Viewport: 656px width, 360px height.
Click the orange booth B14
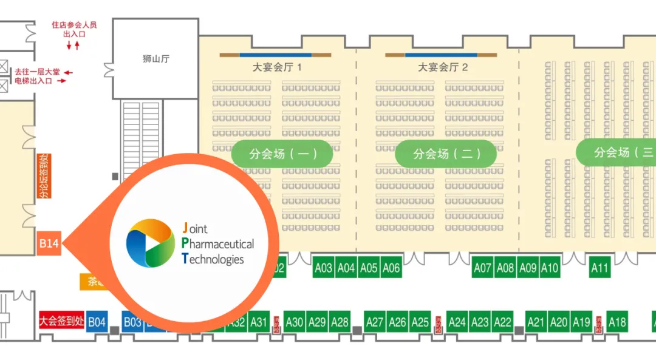click(49, 243)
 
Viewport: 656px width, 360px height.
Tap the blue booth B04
click(97, 322)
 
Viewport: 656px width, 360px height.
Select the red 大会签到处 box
click(61, 321)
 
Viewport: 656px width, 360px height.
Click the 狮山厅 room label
click(155, 59)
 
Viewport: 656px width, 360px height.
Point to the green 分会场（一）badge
click(282, 154)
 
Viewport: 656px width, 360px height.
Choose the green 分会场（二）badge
click(446, 154)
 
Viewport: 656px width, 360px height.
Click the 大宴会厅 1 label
click(277, 67)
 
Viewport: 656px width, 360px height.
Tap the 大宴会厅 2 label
click(443, 67)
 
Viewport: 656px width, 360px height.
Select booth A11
click(600, 268)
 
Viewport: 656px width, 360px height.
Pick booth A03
click(324, 268)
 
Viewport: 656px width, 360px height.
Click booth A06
click(391, 268)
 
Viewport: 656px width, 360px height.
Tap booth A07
click(483, 268)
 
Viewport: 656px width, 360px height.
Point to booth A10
click(549, 268)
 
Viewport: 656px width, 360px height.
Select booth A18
click(617, 322)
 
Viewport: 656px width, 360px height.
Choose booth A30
click(295, 322)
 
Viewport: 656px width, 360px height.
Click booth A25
click(420, 322)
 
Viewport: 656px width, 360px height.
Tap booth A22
click(502, 322)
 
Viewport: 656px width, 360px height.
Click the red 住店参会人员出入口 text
click(74, 29)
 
